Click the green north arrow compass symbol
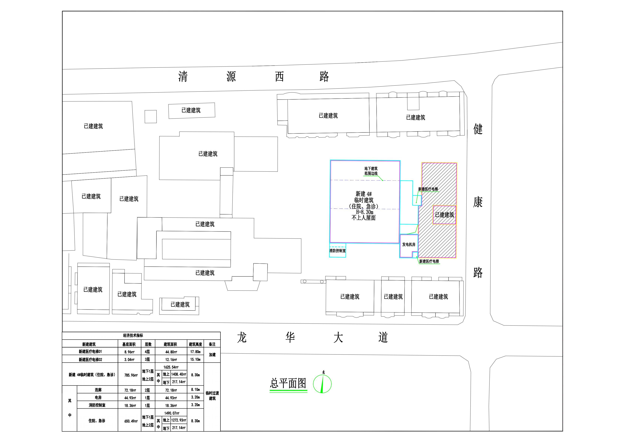click(322, 384)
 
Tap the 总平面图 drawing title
click(288, 383)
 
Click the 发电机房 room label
click(409, 245)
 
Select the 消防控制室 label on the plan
click(338, 251)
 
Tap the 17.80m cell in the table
click(195, 352)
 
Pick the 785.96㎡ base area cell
click(131, 375)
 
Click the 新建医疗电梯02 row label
click(90, 359)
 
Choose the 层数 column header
click(148, 344)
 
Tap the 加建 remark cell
click(212, 355)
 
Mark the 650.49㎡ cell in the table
click(131, 421)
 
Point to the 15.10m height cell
click(195, 359)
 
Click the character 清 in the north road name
click(183, 77)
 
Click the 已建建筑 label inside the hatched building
click(445, 215)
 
